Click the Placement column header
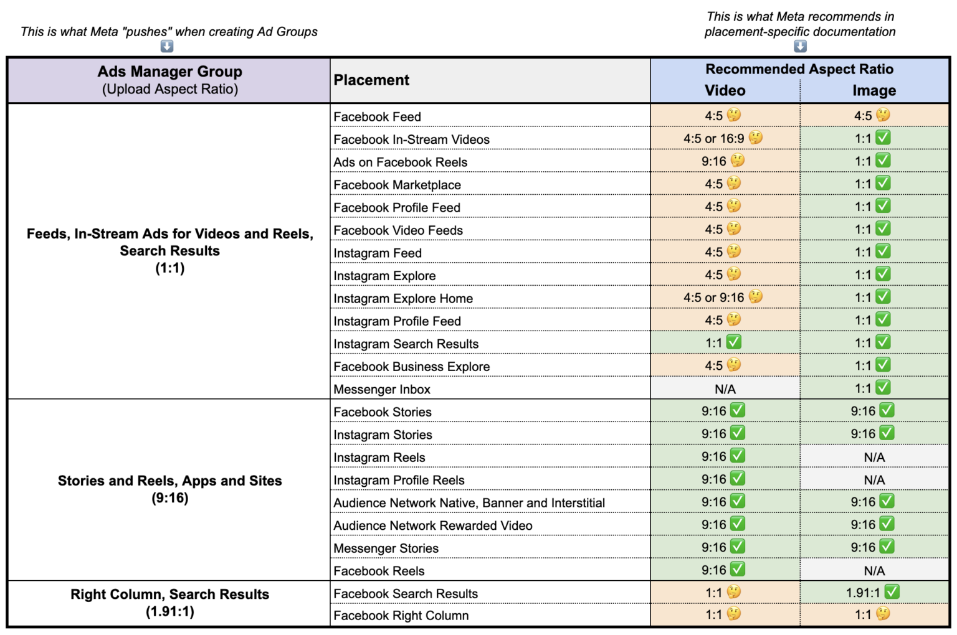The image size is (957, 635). [371, 80]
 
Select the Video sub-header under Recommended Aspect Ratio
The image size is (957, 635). [725, 91]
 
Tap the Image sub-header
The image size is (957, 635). [874, 91]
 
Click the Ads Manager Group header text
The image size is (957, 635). [169, 72]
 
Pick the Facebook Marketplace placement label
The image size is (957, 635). [397, 185]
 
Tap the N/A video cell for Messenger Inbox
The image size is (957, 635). [725, 389]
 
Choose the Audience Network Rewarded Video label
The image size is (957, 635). [432, 526]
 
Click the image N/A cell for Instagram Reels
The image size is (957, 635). [874, 458]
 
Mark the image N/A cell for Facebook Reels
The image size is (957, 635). [874, 571]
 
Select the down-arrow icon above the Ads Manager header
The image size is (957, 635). [167, 46]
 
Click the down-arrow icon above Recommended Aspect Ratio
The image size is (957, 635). [800, 46]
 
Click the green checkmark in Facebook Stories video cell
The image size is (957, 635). [738, 410]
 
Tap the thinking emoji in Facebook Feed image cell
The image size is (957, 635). [883, 115]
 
